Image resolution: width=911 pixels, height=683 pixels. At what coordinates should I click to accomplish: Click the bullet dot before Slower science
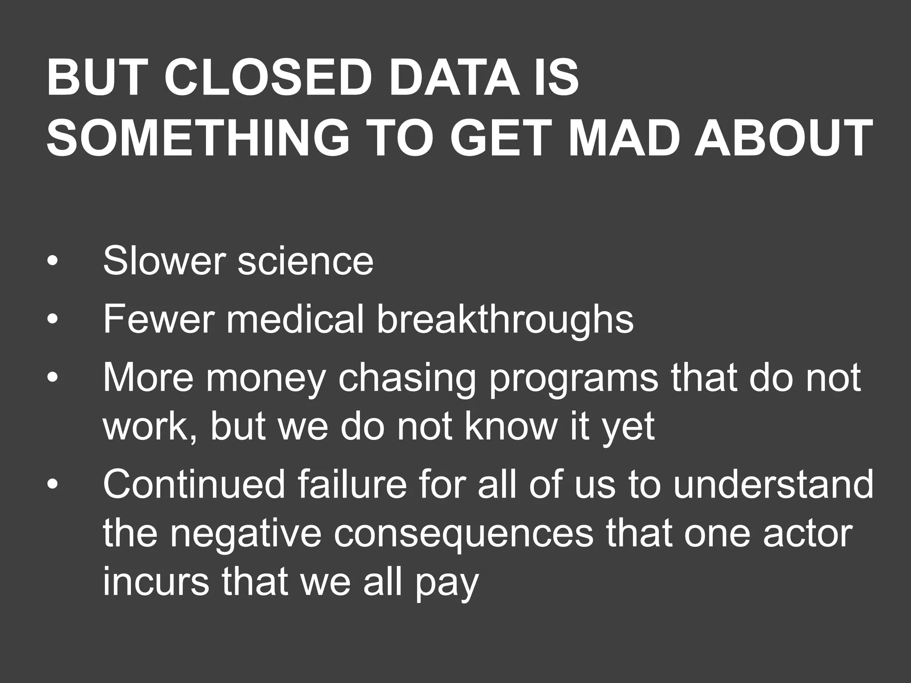pos(52,261)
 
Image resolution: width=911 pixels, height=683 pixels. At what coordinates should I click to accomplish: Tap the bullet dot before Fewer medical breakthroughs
pos(52,320)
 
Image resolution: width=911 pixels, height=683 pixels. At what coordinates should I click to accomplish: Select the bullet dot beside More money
pos(52,378)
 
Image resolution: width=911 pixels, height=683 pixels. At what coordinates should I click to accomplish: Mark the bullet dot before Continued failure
pos(52,485)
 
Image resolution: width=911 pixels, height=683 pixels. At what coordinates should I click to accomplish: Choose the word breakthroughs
pos(505,320)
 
